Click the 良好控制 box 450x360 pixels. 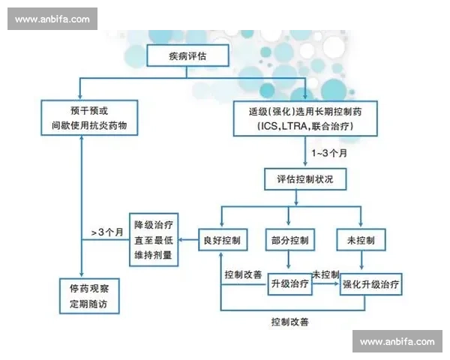pos(221,240)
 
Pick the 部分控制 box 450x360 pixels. pos(289,240)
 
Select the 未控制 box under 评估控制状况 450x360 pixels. pos(361,240)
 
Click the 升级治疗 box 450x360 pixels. pos(289,285)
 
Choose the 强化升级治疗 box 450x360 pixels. pos(370,285)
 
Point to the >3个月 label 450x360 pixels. pos(106,232)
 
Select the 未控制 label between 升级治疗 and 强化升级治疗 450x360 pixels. pos(325,274)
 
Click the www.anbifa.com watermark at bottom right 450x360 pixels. pos(396,341)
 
